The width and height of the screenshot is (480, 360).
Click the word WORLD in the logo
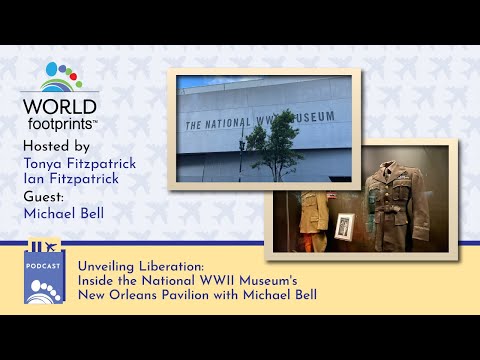(x=59, y=106)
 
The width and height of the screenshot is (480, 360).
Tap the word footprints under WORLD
(x=59, y=123)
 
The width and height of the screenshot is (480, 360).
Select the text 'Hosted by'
(x=55, y=145)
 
